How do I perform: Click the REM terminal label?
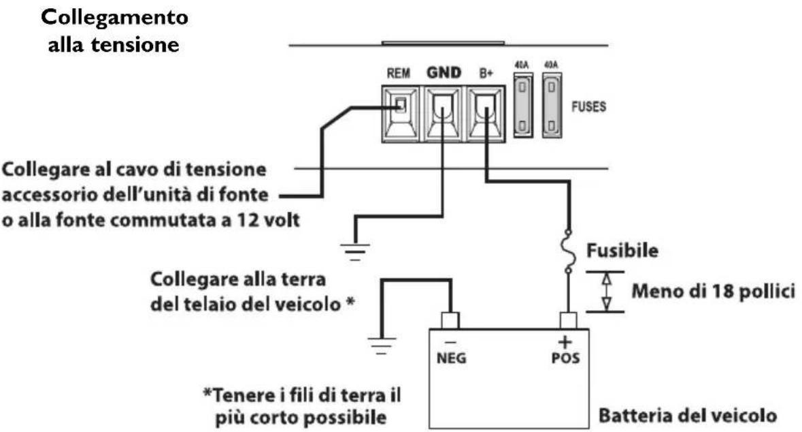[x=399, y=74]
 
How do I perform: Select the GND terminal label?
[x=444, y=73]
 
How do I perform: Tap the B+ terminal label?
[x=486, y=74]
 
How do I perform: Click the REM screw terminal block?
[x=401, y=114]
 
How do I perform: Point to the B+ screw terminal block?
[x=484, y=114]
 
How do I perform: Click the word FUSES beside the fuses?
[x=588, y=106]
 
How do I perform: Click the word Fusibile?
[x=622, y=251]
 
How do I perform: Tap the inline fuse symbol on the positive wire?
[x=568, y=251]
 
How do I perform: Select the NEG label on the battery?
[x=451, y=358]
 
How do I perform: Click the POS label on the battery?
[x=565, y=358]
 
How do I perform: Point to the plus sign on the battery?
[x=565, y=342]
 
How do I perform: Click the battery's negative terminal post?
[x=450, y=321]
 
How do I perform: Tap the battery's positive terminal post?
[x=568, y=321]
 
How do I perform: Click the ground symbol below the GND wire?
[x=355, y=251]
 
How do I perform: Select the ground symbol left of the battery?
[x=381, y=346]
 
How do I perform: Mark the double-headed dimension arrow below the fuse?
[x=606, y=292]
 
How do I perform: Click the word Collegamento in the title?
[x=114, y=18]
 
